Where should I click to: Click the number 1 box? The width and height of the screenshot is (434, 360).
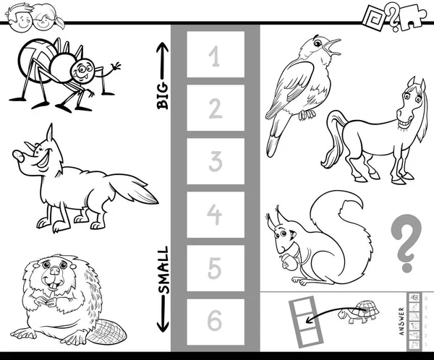click(x=216, y=54)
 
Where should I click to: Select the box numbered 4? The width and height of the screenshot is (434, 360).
click(x=216, y=215)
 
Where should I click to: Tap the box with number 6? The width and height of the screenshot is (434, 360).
click(x=216, y=322)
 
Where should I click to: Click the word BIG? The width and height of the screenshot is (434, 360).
click(x=163, y=95)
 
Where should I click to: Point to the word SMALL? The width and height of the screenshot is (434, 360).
click(x=163, y=270)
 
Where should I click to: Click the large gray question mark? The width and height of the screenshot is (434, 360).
click(x=406, y=243)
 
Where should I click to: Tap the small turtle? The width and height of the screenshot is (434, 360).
click(x=359, y=312)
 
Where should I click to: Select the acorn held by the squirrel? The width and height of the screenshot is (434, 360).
click(x=289, y=262)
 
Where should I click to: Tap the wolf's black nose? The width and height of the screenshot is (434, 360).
click(x=18, y=155)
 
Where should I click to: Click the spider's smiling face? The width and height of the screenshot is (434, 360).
click(x=82, y=70)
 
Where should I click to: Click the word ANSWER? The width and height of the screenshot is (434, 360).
click(x=402, y=321)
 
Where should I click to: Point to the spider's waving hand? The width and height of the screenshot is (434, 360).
click(x=116, y=66)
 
